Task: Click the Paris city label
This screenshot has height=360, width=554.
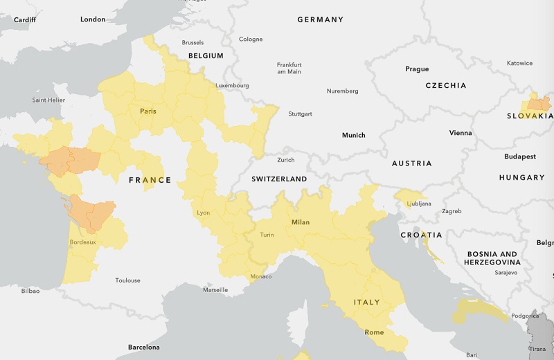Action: (x=148, y=111)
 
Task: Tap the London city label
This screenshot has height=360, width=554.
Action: (x=93, y=19)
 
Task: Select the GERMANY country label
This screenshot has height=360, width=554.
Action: (x=320, y=19)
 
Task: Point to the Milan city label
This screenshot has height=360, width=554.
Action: (x=301, y=222)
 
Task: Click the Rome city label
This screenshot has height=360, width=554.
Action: (x=374, y=332)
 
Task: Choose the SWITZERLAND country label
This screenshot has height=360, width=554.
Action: (x=279, y=179)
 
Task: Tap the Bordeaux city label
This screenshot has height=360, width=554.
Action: (x=82, y=242)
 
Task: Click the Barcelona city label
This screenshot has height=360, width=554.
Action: (x=143, y=347)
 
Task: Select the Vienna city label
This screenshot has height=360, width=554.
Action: (x=461, y=133)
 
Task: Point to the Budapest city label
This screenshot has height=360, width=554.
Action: (x=520, y=156)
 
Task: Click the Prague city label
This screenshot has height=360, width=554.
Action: (x=417, y=69)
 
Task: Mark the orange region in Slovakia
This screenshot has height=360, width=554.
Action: (x=538, y=105)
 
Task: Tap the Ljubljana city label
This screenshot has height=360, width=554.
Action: (x=418, y=204)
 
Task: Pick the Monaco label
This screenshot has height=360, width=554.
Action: (x=260, y=277)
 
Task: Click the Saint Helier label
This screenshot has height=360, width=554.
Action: (x=48, y=100)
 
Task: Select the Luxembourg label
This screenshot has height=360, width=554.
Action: (x=232, y=86)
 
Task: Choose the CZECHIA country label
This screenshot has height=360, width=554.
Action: (x=446, y=86)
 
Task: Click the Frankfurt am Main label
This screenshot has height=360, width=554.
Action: (x=289, y=68)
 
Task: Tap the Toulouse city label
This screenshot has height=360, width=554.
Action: (x=127, y=280)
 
